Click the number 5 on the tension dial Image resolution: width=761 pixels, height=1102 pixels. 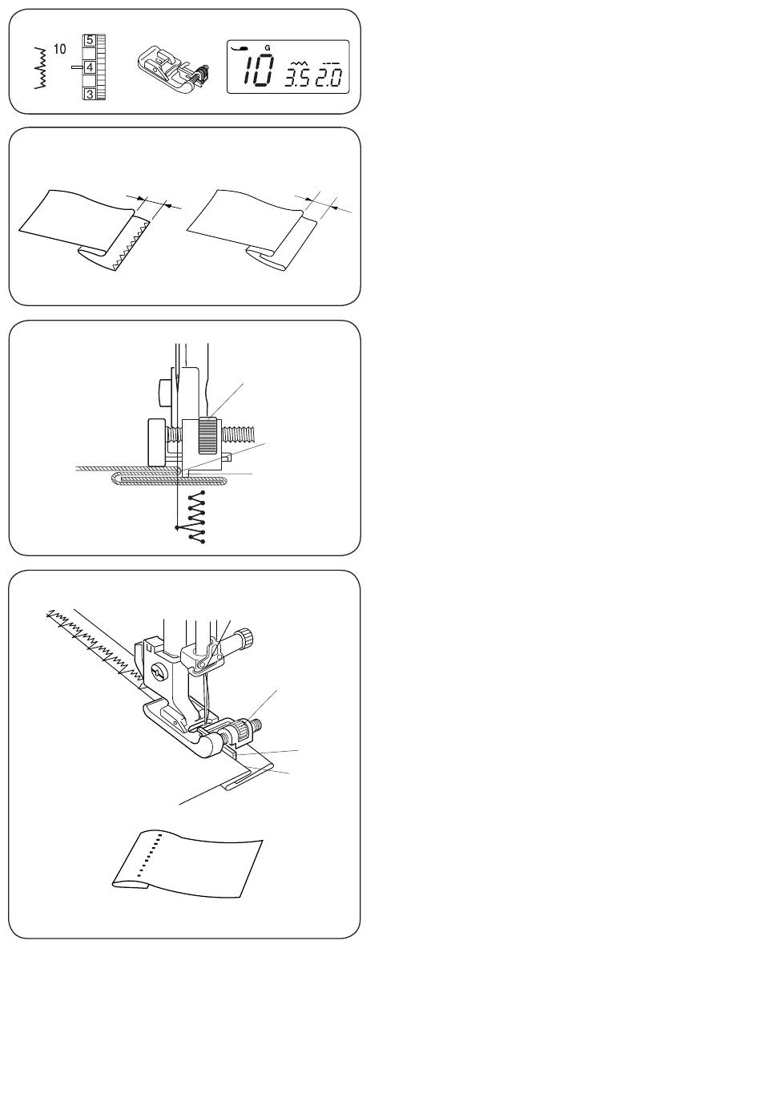[x=90, y=39]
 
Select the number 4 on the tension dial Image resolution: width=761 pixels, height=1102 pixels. [x=90, y=67]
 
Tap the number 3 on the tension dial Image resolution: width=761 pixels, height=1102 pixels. [x=90, y=94]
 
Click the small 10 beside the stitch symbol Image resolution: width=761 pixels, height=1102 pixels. [x=59, y=49]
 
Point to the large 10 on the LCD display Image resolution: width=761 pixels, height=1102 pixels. [x=258, y=71]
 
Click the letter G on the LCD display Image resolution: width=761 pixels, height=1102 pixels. [x=267, y=48]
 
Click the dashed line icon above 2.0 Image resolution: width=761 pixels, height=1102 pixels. [x=329, y=63]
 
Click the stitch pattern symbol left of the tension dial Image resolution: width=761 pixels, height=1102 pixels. [x=42, y=68]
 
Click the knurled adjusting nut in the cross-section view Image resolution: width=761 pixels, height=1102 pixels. [x=207, y=435]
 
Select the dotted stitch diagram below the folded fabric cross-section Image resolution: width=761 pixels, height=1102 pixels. [x=196, y=517]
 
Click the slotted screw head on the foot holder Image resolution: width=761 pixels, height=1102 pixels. [x=158, y=671]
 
